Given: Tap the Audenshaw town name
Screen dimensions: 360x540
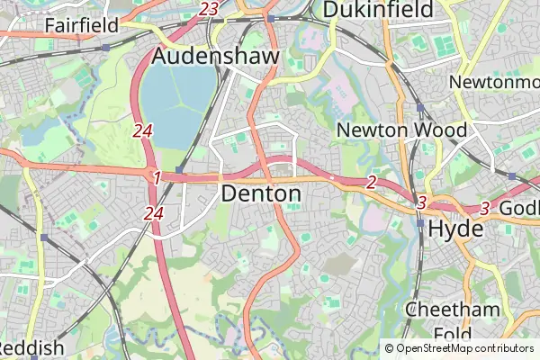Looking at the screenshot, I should [216, 56].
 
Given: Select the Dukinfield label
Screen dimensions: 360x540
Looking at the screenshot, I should [377, 10].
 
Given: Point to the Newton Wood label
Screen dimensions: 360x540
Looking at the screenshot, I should [401, 130].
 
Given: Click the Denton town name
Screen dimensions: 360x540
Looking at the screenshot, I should [261, 193].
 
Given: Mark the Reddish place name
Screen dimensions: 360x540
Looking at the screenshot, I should [31, 347].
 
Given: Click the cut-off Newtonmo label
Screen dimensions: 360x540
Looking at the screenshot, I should [494, 82].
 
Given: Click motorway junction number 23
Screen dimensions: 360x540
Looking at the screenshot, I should [210, 9].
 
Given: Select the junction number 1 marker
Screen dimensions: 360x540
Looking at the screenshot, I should [156, 178].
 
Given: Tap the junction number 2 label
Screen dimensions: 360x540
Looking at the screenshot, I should [371, 183].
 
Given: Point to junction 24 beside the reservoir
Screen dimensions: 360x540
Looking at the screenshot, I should [142, 130].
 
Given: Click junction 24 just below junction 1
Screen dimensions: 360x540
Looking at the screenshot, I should [153, 213].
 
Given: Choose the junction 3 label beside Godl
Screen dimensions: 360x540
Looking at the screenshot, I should [484, 209].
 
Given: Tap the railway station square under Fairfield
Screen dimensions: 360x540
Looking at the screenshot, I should [105, 47].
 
